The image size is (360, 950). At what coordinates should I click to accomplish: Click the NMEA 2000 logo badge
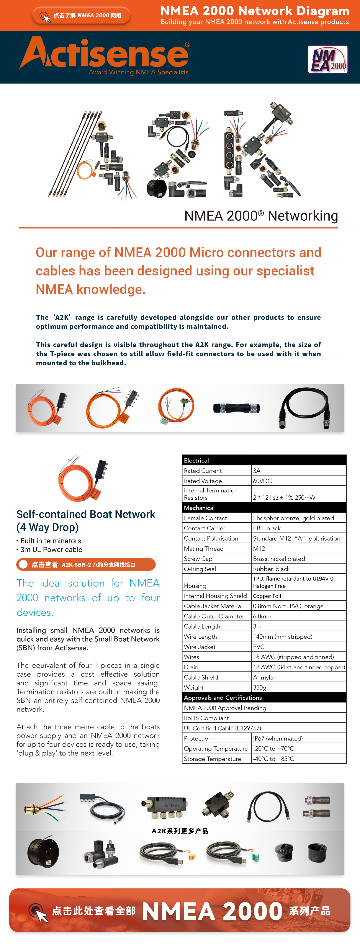327,59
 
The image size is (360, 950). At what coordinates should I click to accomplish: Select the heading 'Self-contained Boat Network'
86,514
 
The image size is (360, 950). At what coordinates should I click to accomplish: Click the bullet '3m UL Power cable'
51,549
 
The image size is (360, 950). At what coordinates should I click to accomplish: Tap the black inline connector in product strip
236,408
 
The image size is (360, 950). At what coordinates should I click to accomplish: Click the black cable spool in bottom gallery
43,853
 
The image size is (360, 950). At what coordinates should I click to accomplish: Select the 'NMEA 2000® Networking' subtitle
261,216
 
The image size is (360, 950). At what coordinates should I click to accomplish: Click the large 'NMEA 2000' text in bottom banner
212,911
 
